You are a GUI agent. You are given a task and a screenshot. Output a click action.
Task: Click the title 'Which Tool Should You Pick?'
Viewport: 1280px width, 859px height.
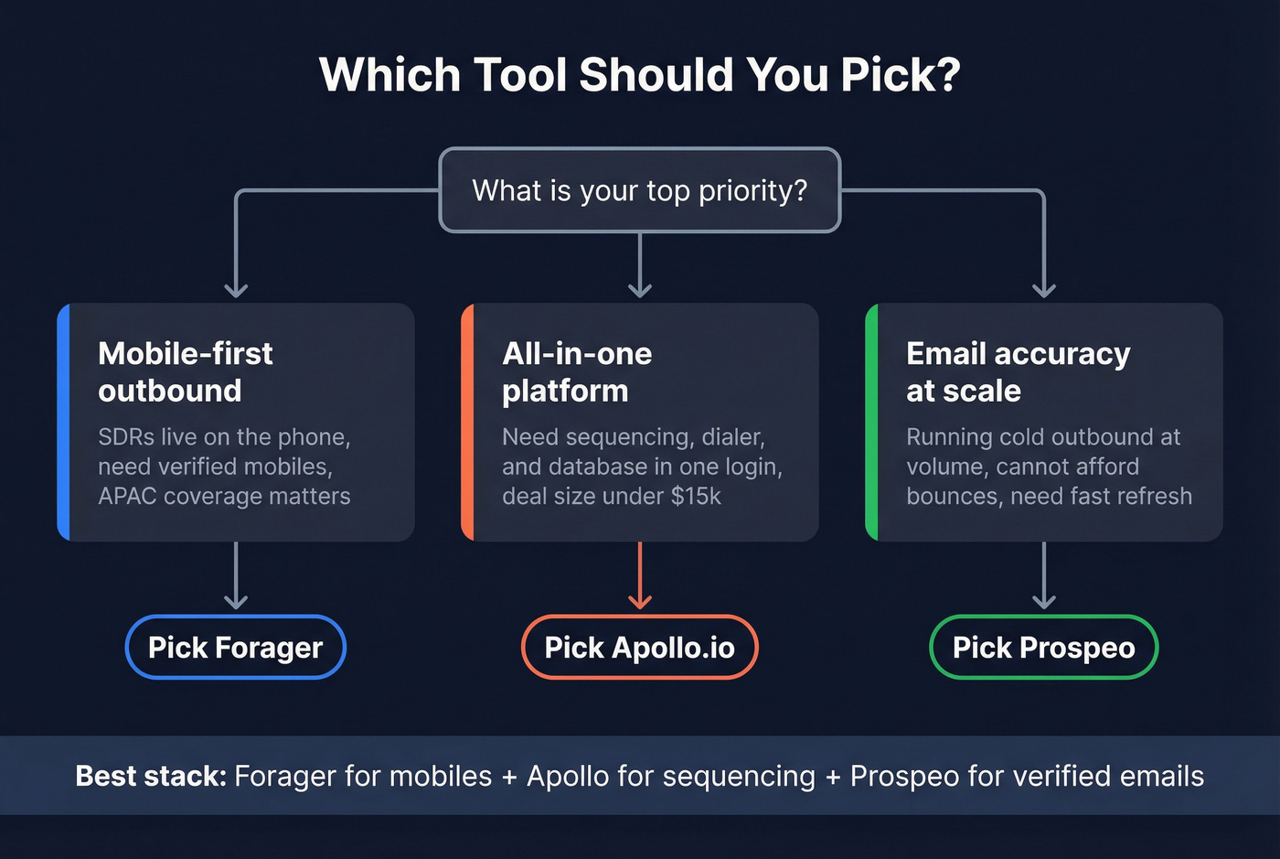point(640,75)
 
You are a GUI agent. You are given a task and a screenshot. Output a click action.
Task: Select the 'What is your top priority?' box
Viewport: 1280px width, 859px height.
point(640,190)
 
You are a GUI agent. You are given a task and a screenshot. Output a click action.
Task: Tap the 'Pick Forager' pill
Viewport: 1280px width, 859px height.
point(236,648)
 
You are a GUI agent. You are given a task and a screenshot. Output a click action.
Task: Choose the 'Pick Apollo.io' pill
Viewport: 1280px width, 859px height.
point(640,648)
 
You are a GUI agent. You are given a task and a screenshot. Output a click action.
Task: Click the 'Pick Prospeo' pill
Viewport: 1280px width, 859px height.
point(1043,648)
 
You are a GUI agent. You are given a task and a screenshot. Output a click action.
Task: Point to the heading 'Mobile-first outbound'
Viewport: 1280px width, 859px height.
point(186,371)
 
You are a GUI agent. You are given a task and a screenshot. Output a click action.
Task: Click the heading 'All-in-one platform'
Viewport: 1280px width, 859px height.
point(577,371)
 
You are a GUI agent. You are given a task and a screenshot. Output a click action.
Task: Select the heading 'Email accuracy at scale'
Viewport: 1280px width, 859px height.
point(1018,371)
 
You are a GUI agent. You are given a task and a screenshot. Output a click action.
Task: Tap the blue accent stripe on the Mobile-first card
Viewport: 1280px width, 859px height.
point(63,423)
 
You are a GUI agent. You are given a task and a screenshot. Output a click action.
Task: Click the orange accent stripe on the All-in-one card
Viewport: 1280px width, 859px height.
point(467,423)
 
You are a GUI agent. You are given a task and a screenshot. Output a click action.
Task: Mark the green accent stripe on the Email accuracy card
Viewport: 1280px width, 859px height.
point(871,423)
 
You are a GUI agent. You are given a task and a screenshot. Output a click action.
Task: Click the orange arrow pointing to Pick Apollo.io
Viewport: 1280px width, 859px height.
point(640,576)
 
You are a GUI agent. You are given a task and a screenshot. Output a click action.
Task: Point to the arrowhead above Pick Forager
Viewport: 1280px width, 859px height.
point(236,601)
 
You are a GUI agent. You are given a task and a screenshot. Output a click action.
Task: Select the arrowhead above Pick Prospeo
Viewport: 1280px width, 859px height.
point(1044,601)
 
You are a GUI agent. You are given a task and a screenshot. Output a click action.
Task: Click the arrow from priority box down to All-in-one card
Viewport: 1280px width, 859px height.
point(640,265)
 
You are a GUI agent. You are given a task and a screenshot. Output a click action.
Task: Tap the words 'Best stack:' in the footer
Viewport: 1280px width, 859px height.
point(150,776)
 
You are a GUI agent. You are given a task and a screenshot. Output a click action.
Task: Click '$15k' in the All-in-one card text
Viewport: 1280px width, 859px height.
point(696,497)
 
